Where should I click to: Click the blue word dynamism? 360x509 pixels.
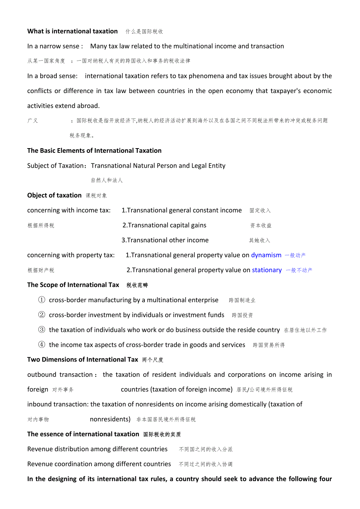tap(266, 255)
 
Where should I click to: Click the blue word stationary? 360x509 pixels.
tap(266, 270)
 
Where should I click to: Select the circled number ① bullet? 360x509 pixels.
tap(41, 300)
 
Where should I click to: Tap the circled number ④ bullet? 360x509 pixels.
tap(41, 345)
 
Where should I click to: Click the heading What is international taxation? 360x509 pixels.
tap(72, 31)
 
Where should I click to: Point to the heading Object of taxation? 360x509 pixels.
tap(54, 195)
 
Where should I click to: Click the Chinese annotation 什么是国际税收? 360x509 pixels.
tap(144, 32)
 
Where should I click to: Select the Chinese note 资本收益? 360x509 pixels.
tap(261, 226)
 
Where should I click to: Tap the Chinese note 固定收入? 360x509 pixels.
tap(260, 211)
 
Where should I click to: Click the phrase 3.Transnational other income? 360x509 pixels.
tap(165, 240)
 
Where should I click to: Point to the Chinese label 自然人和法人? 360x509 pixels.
tap(107, 181)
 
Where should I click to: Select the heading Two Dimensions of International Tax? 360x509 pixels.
tap(83, 360)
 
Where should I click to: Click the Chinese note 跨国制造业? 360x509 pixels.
tap(242, 301)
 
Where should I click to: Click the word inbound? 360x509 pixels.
tap(40, 404)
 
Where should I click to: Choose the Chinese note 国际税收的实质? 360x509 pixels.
tap(162, 434)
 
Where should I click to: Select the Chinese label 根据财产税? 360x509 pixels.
tap(41, 271)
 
